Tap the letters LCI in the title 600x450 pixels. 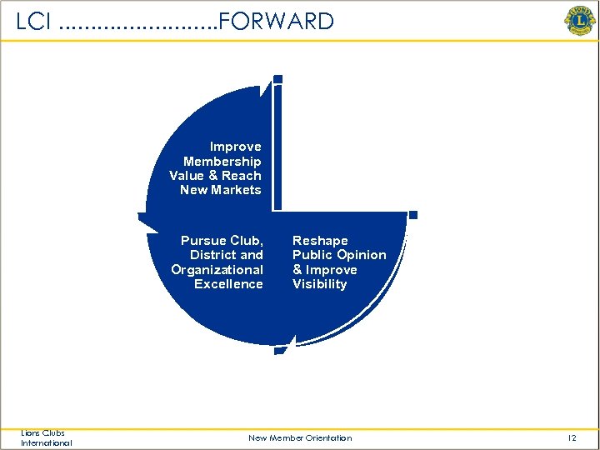[x=34, y=22]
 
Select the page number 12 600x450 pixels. [x=572, y=438]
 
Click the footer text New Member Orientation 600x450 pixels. [x=300, y=438]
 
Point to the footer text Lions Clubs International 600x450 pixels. [x=47, y=438]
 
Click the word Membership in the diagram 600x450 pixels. [x=222, y=162]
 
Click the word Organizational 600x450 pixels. [x=217, y=270]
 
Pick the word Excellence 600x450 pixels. [x=228, y=284]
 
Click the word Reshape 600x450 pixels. [x=320, y=241]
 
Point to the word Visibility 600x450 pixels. [x=319, y=284]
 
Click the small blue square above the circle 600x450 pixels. [x=277, y=80]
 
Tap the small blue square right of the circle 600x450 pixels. [x=412, y=215]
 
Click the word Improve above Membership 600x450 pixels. [x=235, y=147]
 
